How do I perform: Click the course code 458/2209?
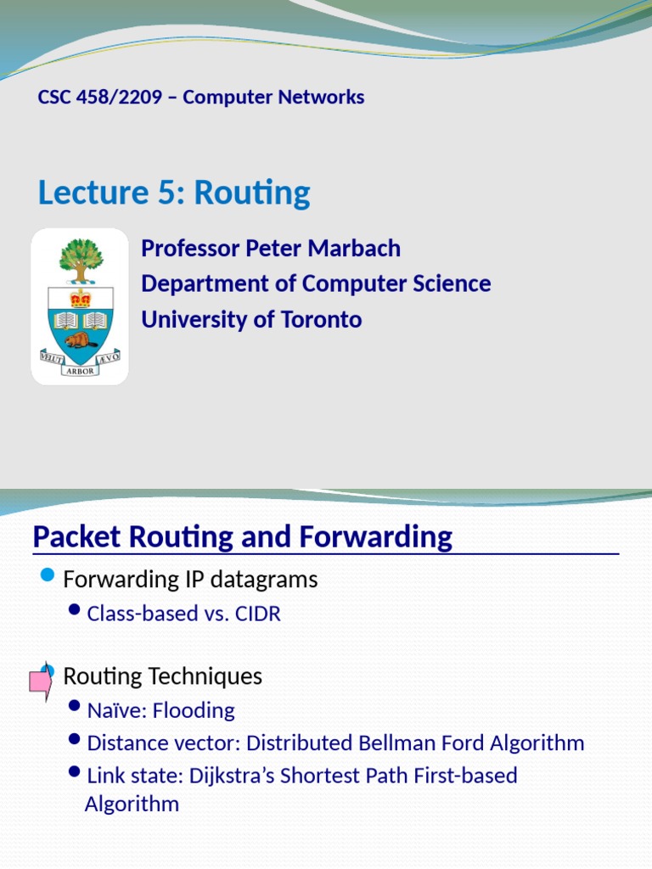[119, 97]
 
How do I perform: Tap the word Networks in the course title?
[321, 97]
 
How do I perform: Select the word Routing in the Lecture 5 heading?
[251, 193]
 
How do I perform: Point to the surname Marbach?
[354, 249]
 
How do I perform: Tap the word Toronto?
[322, 320]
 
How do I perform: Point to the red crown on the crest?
[81, 300]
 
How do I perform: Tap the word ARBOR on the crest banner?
[81, 371]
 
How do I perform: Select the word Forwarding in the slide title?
[376, 536]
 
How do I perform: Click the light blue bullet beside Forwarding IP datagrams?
[48, 575]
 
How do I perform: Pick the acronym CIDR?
[258, 614]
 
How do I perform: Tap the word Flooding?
[194, 710]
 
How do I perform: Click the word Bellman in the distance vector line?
[397, 743]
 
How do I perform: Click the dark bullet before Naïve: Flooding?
[75, 706]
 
